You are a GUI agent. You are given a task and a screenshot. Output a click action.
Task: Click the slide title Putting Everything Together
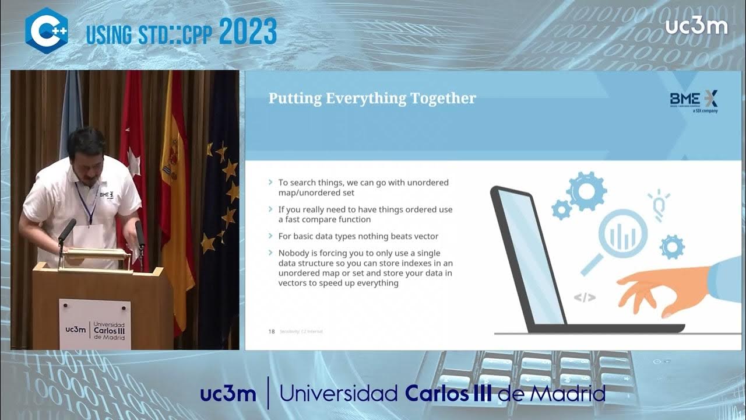(372, 99)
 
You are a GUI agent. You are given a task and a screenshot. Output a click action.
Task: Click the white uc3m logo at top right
(696, 26)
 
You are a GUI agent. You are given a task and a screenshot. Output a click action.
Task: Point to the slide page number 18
(271, 331)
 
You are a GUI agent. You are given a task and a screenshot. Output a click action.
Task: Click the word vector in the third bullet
(425, 236)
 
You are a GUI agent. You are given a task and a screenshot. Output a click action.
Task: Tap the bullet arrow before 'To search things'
(270, 183)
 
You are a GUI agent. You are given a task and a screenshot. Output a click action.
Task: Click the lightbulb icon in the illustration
(659, 204)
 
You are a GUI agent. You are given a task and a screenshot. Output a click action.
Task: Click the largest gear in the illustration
(586, 191)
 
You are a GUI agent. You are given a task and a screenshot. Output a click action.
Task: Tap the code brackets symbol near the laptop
(585, 297)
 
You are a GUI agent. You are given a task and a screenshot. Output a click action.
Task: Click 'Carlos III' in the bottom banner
(448, 394)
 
